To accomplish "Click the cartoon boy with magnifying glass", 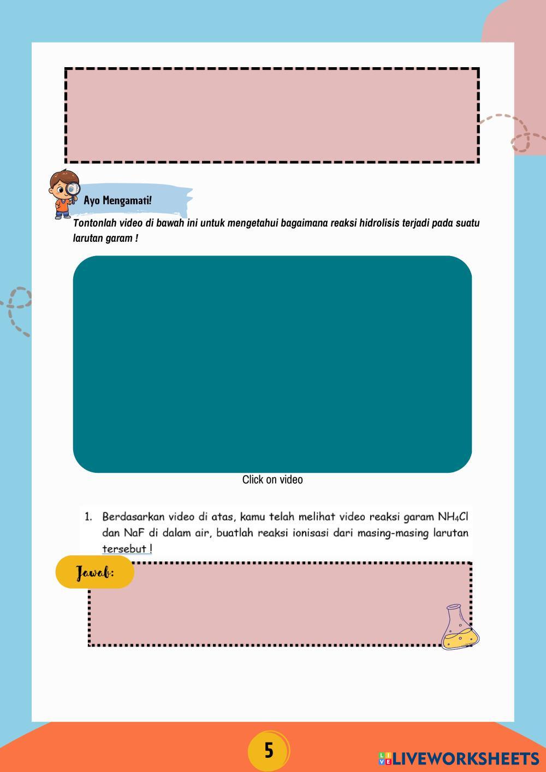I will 63,194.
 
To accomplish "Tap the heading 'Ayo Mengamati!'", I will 118,200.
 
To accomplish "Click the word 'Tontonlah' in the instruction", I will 93,223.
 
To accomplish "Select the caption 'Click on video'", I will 272,479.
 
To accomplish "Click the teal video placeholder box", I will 272,364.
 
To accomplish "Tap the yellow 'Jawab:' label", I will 95,572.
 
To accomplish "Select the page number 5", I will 269,751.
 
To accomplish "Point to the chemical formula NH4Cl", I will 453,516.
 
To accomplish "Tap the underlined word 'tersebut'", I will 124,549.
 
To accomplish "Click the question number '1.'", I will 88,516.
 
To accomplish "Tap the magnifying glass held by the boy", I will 72,189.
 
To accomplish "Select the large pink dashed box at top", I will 272,115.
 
